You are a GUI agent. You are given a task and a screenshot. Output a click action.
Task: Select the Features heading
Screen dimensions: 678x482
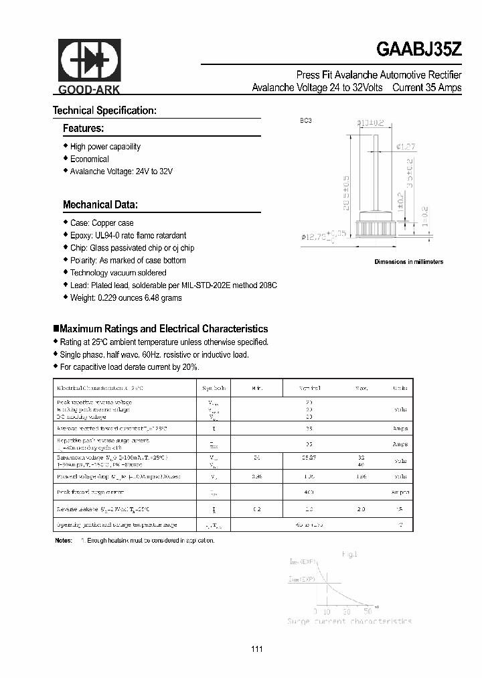83,128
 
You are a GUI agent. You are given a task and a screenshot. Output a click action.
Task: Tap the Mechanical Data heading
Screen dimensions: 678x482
100,204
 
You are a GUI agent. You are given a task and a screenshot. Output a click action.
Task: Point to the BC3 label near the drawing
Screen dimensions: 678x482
306,121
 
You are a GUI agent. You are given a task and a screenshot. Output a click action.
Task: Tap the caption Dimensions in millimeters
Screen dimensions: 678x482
408,262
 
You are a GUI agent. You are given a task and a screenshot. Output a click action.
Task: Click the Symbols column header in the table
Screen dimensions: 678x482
214,388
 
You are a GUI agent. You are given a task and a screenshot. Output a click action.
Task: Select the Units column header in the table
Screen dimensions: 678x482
400,388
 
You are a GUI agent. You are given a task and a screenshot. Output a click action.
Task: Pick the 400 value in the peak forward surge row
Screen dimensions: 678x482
309,491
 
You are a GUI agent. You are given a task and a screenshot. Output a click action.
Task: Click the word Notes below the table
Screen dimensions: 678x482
62,540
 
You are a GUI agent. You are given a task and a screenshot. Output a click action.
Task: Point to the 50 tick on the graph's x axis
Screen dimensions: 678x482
368,612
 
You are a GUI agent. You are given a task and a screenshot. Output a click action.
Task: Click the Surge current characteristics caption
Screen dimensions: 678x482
349,622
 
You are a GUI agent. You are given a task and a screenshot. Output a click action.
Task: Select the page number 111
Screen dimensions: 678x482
257,649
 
